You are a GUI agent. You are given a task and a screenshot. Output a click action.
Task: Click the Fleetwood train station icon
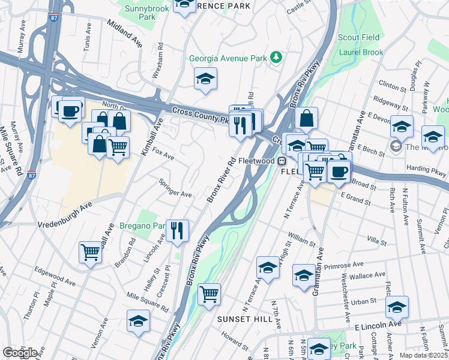pyautogui.click(x=280, y=161)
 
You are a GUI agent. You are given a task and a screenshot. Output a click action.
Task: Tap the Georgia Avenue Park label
pyautogui.click(x=228, y=59)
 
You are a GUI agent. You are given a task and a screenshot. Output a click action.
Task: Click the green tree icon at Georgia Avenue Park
pyautogui.click(x=276, y=58)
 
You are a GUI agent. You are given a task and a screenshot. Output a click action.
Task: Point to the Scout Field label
pyautogui.click(x=359, y=37)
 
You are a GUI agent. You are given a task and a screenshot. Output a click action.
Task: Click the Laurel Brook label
pyautogui.click(x=361, y=52)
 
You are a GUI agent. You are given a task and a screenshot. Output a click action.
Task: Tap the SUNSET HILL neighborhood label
pyautogui.click(x=245, y=319)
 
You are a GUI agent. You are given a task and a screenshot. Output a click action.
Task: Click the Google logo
pyautogui.click(x=20, y=353)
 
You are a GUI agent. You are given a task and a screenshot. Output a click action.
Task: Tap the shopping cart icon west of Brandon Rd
pyautogui.click(x=90, y=252)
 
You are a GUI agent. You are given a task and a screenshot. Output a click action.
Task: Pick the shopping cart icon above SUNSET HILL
pyautogui.click(x=209, y=294)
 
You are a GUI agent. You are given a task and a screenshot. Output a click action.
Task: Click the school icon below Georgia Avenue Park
pyautogui.click(x=205, y=79)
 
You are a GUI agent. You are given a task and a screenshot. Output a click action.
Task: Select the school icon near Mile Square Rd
pyautogui.click(x=138, y=320)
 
